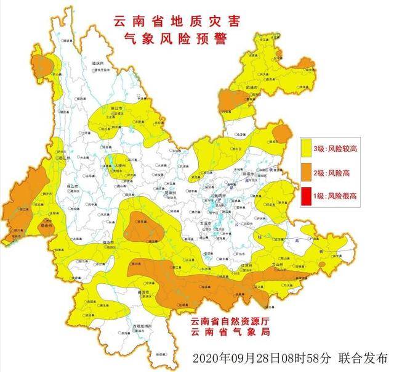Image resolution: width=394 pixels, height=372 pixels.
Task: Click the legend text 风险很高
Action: click(x=342, y=196)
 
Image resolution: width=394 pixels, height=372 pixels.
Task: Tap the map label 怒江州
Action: click(x=64, y=157)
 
